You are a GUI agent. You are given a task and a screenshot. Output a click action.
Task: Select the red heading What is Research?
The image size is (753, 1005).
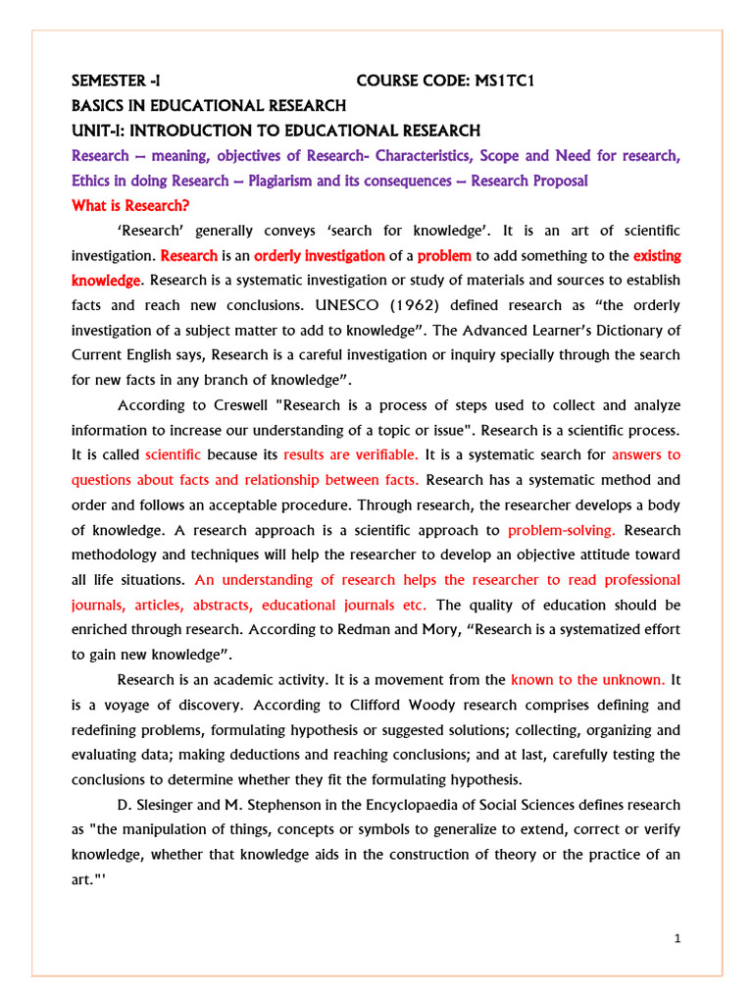click(x=130, y=205)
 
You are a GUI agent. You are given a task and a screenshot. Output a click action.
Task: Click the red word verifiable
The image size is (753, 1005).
click(x=382, y=454)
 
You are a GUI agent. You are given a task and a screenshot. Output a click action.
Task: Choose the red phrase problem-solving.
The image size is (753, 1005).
click(x=562, y=530)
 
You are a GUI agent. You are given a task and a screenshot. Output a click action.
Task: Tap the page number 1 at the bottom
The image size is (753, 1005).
click(x=677, y=938)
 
